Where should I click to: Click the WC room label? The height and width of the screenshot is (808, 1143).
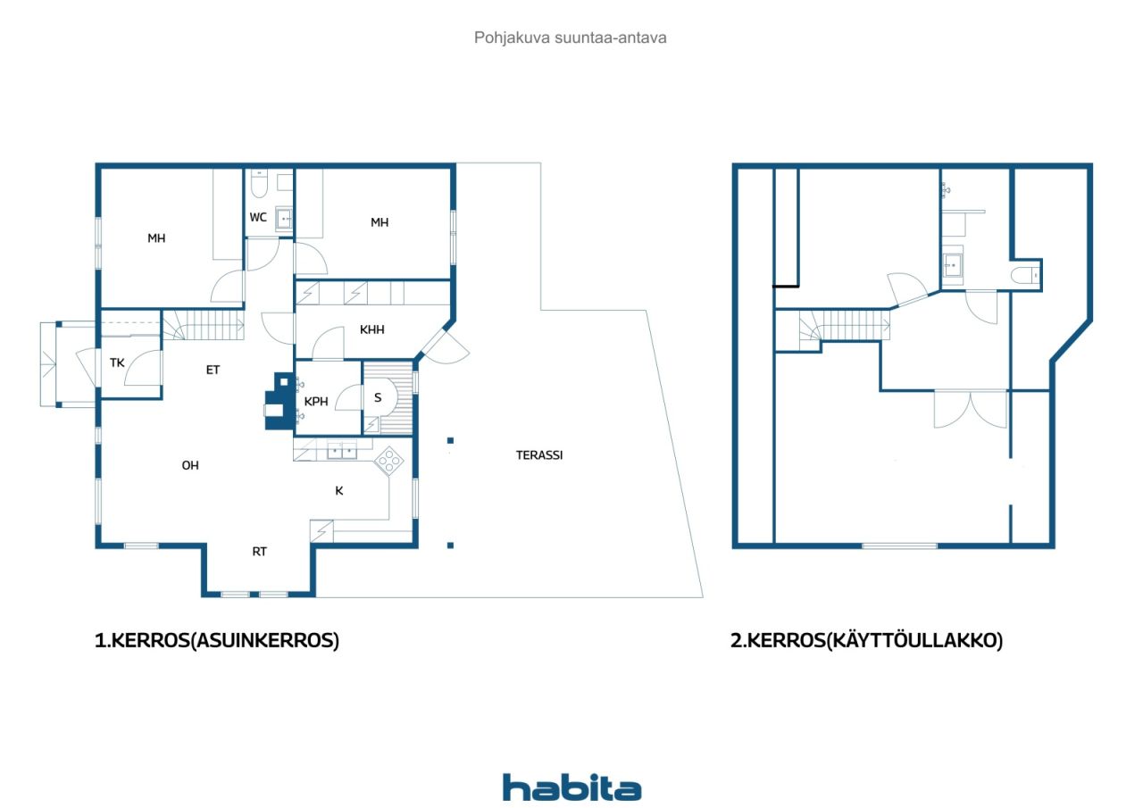pyautogui.click(x=258, y=217)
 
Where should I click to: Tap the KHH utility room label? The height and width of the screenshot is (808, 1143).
pyautogui.click(x=372, y=329)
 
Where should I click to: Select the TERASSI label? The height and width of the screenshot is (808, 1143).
pyautogui.click(x=539, y=454)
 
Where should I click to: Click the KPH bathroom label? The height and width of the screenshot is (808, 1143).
pyautogui.click(x=317, y=401)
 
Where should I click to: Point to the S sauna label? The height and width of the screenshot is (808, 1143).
pyautogui.click(x=378, y=397)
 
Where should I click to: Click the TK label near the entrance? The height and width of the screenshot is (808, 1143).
pyautogui.click(x=117, y=362)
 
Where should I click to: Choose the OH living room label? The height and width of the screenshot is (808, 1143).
pyautogui.click(x=190, y=465)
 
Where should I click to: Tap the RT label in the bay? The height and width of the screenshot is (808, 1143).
pyautogui.click(x=259, y=552)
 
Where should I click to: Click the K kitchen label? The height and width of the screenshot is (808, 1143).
pyautogui.click(x=339, y=490)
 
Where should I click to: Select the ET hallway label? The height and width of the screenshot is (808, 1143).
pyautogui.click(x=213, y=370)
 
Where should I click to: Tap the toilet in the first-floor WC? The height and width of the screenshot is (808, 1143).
pyautogui.click(x=259, y=185)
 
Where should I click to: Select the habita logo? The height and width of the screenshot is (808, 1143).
pyautogui.click(x=571, y=787)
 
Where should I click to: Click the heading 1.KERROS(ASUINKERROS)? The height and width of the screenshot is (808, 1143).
pyautogui.click(x=217, y=641)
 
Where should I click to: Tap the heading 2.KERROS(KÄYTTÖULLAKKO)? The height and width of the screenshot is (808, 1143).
pyautogui.click(x=866, y=641)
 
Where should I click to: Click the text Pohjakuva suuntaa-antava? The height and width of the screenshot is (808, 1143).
pyautogui.click(x=571, y=38)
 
